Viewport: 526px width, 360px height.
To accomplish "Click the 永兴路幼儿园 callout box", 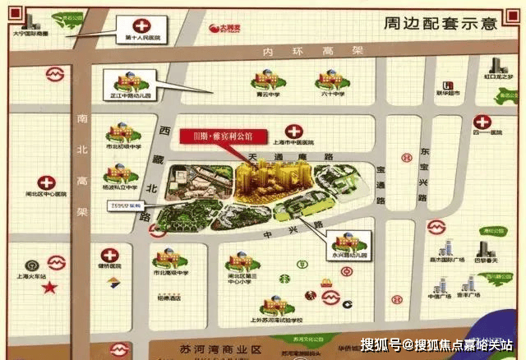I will coord(349,244).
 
